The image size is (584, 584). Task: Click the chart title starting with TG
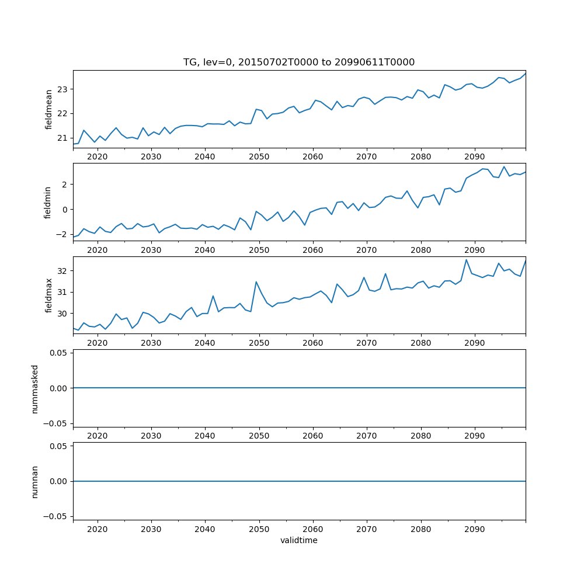298,62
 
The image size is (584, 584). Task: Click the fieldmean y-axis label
48,109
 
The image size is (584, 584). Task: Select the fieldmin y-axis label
48,203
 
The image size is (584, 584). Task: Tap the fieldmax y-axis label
48,296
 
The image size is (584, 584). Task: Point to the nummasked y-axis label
35,388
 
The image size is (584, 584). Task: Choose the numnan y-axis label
35,481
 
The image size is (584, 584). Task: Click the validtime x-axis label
298,541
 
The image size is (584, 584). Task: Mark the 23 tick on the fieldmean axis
63,89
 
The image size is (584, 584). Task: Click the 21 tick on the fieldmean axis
63,138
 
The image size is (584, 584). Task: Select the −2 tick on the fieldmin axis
61,234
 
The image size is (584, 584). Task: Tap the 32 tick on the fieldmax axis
63,271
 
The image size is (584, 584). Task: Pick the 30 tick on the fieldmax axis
63,314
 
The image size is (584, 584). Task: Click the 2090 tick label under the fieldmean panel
474,157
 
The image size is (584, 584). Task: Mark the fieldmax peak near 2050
256,281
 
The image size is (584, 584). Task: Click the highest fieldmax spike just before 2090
466,260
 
